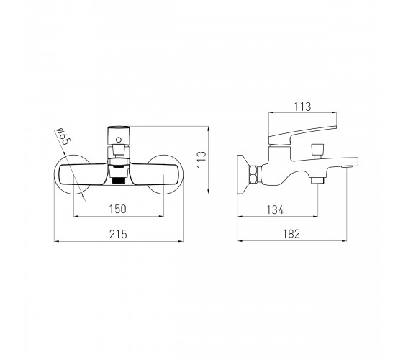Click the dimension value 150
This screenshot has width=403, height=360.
tap(118, 209)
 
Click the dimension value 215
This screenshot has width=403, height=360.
tap(118, 234)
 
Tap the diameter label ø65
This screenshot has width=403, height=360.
tap(63, 136)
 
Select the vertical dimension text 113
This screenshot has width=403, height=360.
tap(201, 159)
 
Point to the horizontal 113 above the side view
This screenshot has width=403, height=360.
tap(302, 107)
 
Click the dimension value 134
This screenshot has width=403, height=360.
tap(275, 210)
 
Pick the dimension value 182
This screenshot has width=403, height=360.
tap(291, 234)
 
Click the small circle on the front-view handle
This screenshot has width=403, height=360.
tap(119, 140)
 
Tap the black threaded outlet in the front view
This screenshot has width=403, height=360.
tap(119, 181)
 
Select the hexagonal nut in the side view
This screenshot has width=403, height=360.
tap(254, 175)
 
